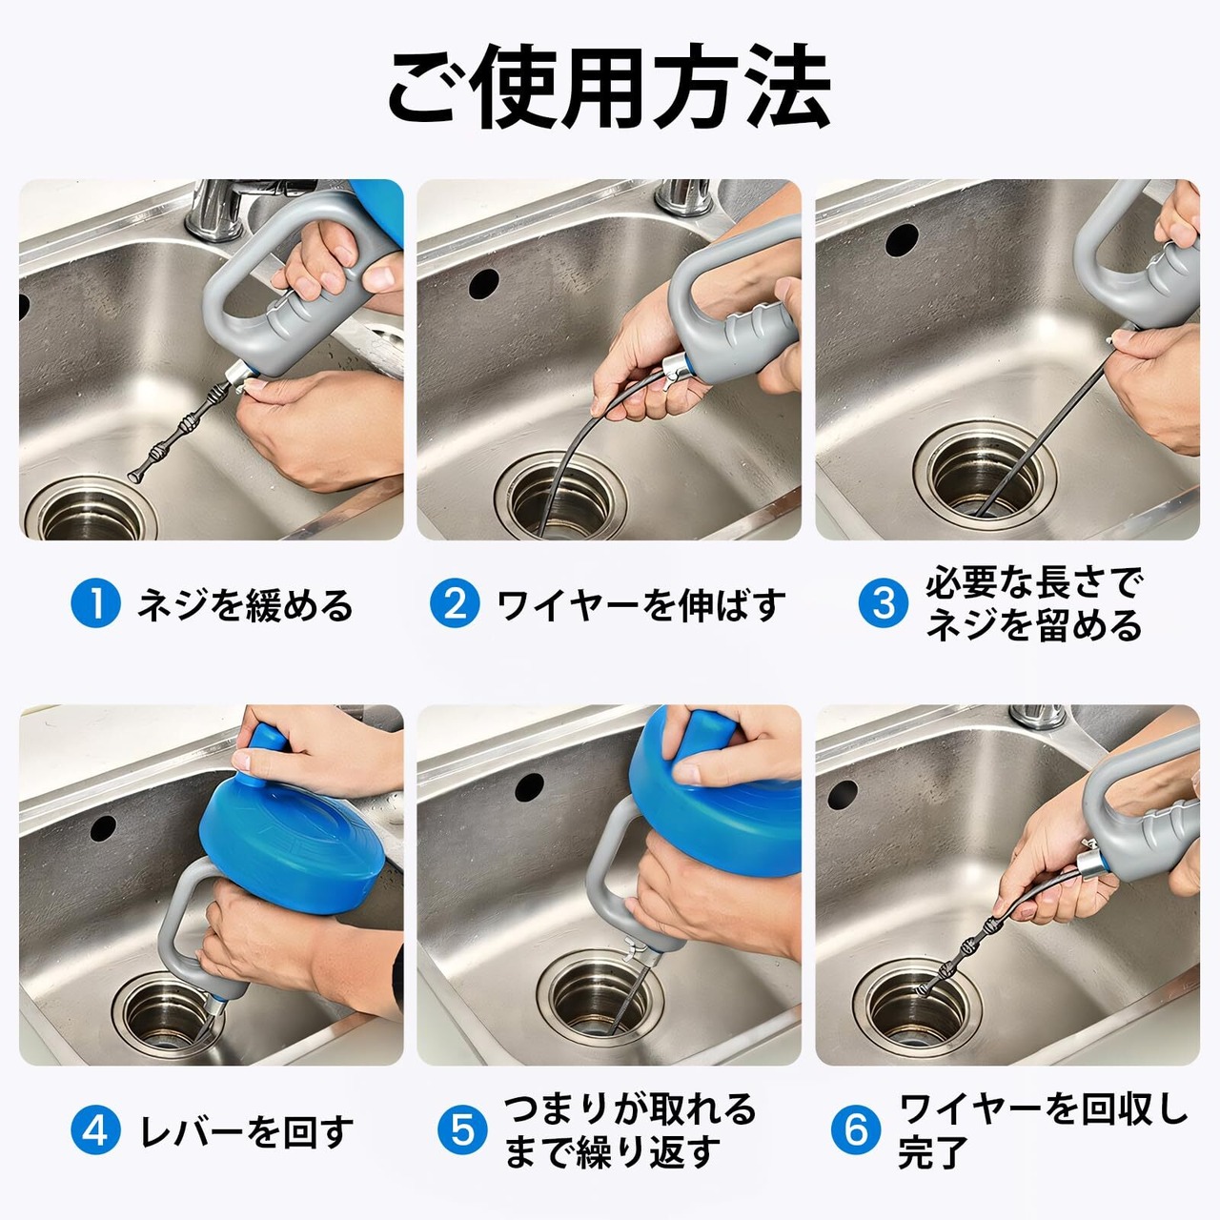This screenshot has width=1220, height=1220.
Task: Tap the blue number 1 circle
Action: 95,602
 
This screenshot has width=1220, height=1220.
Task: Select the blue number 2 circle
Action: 455,602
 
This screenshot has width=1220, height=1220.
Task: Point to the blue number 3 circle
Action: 884,602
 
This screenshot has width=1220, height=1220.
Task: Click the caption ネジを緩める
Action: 246,604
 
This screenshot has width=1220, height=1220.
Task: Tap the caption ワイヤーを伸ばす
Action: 641,604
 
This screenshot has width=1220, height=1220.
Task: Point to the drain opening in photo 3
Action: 985,471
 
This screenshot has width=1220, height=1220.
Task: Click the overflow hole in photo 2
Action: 484,284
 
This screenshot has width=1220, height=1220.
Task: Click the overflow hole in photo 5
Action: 529,787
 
